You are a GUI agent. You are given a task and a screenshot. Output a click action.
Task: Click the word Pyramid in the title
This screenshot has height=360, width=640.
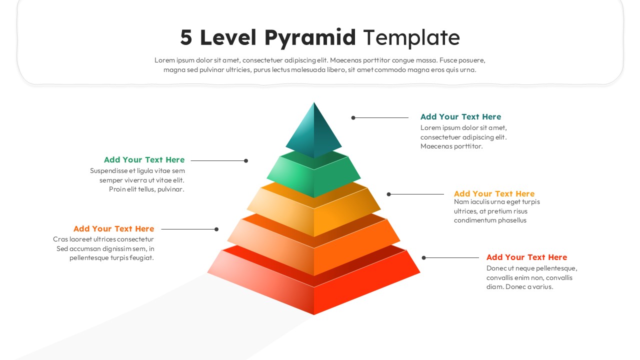[x=310, y=38]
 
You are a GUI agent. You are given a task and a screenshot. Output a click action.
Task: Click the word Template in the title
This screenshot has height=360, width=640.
[x=411, y=38]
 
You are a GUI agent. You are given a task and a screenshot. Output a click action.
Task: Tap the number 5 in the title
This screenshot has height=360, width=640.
[x=186, y=38]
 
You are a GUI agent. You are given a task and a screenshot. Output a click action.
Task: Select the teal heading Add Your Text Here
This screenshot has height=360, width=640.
[x=460, y=117]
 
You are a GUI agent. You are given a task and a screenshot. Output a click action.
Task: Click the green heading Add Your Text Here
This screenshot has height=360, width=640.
[x=144, y=160]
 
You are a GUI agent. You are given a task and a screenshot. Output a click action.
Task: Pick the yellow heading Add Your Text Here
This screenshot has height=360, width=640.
[x=494, y=194]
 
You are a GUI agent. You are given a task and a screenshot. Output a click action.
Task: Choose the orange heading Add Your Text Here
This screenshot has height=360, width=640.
[x=113, y=229]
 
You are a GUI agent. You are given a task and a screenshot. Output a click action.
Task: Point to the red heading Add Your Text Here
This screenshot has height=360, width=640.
[x=526, y=257]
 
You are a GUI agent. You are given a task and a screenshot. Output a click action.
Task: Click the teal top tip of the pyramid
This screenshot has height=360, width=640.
[x=313, y=132]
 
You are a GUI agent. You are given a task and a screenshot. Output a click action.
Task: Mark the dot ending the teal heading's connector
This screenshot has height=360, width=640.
[x=353, y=118]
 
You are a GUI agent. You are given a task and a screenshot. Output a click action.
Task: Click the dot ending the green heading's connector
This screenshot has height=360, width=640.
[x=246, y=161]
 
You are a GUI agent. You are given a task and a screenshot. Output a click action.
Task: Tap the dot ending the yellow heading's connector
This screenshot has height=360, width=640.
[x=389, y=194]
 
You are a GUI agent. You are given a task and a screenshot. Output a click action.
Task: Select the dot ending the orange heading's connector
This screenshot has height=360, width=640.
[x=216, y=229]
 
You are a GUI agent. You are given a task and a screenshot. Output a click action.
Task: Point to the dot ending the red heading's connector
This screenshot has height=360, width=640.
[x=424, y=258]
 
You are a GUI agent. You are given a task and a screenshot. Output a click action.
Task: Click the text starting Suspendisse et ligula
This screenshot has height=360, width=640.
[x=137, y=180]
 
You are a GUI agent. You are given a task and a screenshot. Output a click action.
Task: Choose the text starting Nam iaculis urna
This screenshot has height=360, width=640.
[x=497, y=211]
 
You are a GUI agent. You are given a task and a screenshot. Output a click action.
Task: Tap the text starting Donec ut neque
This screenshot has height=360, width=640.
[x=531, y=277]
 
